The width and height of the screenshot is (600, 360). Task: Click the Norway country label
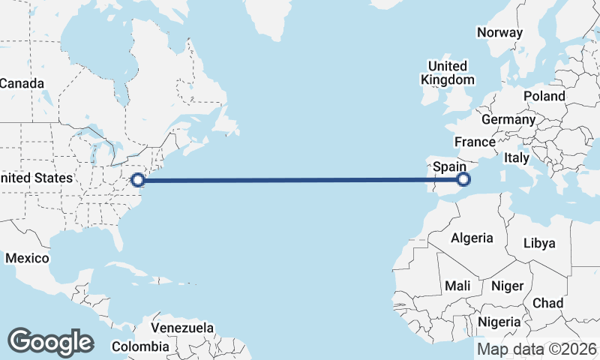coord(499,32)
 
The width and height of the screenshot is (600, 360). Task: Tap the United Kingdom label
coord(448,73)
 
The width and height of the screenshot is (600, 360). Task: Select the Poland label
coord(544,96)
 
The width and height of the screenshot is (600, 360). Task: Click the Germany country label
coord(508,119)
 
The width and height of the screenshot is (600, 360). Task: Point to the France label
coord(475,142)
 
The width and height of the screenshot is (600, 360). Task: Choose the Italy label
coord(517,158)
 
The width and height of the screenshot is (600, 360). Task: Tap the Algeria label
coord(472,238)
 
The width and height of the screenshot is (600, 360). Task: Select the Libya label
coord(539,243)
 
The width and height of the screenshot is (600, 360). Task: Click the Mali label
coord(457,286)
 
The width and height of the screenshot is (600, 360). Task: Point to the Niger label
coord(507,286)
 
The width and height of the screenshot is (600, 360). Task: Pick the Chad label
coord(547,303)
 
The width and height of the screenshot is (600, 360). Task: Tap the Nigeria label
coord(499,321)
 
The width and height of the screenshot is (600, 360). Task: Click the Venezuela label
coord(182,328)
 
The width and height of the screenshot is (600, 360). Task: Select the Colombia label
coord(140,346)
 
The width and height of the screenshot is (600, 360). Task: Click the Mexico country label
coord(27,258)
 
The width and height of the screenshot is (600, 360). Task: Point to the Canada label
coord(21,83)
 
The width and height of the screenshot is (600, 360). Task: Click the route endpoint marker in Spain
coord(463,178)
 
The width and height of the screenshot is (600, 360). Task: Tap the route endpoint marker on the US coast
coord(138,179)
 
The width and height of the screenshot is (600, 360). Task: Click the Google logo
coord(50,342)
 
